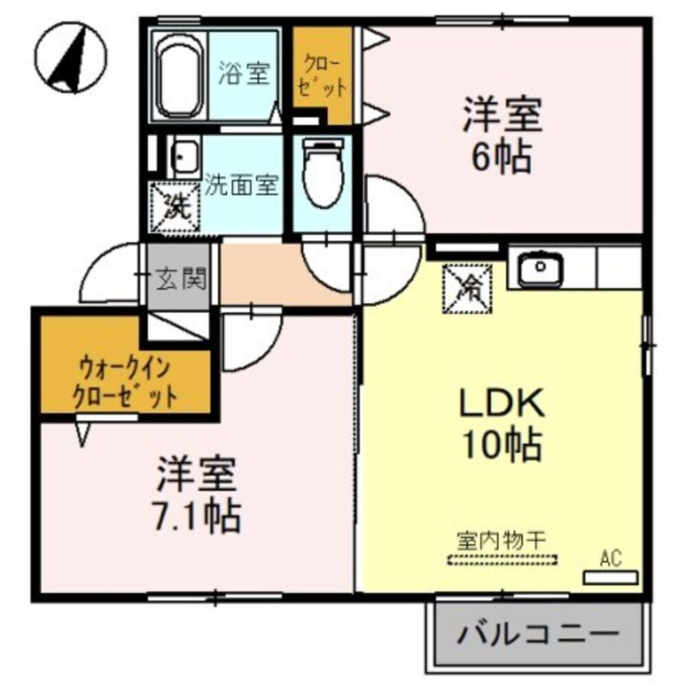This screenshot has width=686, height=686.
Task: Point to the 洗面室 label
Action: coord(241,185)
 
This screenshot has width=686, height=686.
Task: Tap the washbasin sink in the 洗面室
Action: coord(185,157)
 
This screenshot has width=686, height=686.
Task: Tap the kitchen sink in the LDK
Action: coord(541,270)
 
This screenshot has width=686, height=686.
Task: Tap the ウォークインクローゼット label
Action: coord(125,383)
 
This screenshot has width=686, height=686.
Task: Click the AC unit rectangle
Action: coord(610,577)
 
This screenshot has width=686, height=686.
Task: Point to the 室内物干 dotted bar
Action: coord(502,560)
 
